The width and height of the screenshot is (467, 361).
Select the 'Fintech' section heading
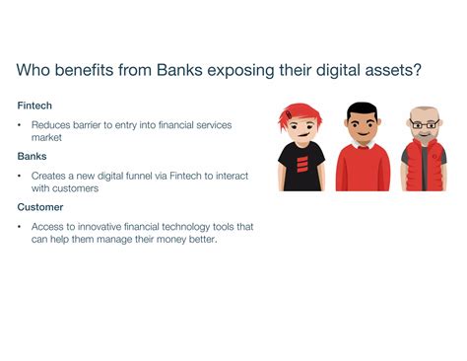(34, 106)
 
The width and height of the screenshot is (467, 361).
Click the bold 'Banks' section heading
(33, 156)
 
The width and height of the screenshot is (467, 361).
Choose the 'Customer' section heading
(40, 207)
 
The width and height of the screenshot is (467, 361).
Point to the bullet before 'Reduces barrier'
(20, 125)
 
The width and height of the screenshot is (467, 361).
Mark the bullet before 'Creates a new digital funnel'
(20, 176)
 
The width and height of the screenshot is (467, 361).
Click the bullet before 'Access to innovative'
(20, 227)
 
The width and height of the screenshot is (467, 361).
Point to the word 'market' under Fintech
(46, 137)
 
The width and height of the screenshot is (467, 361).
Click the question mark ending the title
(422, 71)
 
